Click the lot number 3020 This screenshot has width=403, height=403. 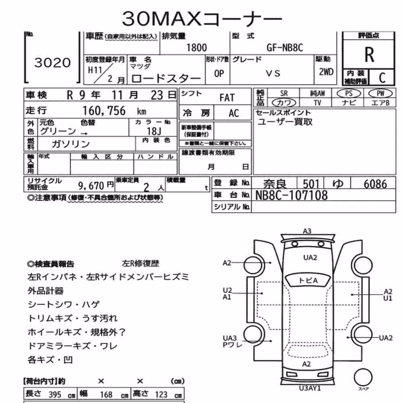tap(52, 63)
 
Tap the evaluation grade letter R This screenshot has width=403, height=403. tap(369, 55)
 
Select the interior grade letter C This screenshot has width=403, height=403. tap(382, 78)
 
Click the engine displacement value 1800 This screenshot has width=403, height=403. tap(196, 48)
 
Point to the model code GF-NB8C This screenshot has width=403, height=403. tap(285, 48)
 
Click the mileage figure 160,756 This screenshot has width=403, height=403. tap(104, 111)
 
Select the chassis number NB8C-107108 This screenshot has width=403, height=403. tap(291, 195)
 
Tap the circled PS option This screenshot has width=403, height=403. tap(349, 93)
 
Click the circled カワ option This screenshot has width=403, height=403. tap(284, 103)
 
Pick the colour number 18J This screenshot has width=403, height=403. tap(154, 131)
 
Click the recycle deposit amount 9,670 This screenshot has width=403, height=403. tap(91, 185)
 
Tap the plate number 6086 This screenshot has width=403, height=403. tap(375, 184)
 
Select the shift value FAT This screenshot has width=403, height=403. tap(227, 98)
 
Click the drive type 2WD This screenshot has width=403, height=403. tap(326, 72)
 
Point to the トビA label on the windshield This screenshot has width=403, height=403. tap(308, 280)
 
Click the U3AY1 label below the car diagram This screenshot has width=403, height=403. tap(310, 388)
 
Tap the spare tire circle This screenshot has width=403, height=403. tap(363, 377)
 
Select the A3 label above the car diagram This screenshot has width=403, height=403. tap(307, 231)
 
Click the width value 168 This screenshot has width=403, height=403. tap(106, 395)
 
